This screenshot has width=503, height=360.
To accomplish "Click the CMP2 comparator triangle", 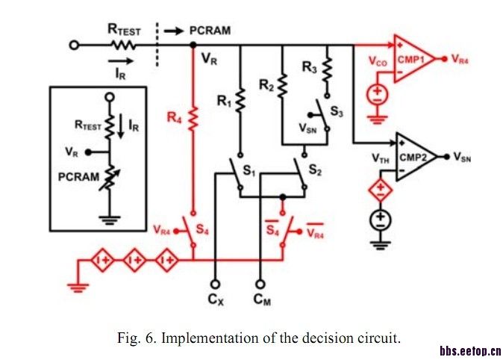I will [x=413, y=157].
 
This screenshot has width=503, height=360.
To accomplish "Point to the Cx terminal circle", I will [x=216, y=283].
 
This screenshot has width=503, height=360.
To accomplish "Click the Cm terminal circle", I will [x=260, y=283].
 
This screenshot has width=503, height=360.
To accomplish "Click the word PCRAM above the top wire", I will [x=210, y=30].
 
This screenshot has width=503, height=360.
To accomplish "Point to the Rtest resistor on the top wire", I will [x=124, y=45].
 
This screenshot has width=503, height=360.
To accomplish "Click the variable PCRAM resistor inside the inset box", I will [x=110, y=179].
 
